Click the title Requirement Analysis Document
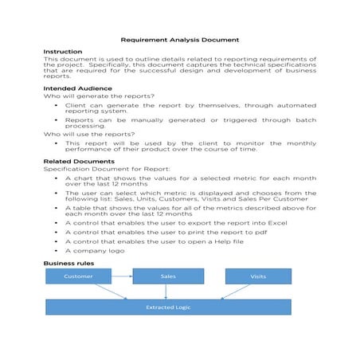pyautogui.click(x=179, y=39)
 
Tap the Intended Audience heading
pyautogui.click(x=77, y=88)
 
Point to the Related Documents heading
pyautogui.click(x=78, y=161)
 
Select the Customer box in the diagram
pyautogui.click(x=79, y=276)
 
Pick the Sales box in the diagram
pyautogui.click(x=167, y=276)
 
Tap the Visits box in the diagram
pyautogui.click(x=257, y=276)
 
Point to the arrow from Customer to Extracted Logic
pyautogui.click(x=112, y=292)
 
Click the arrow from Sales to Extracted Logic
pyautogui.click(x=166, y=292)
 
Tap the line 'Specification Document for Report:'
pyautogui.click(x=96, y=169)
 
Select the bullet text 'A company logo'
pyautogui.click(x=95, y=251)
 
